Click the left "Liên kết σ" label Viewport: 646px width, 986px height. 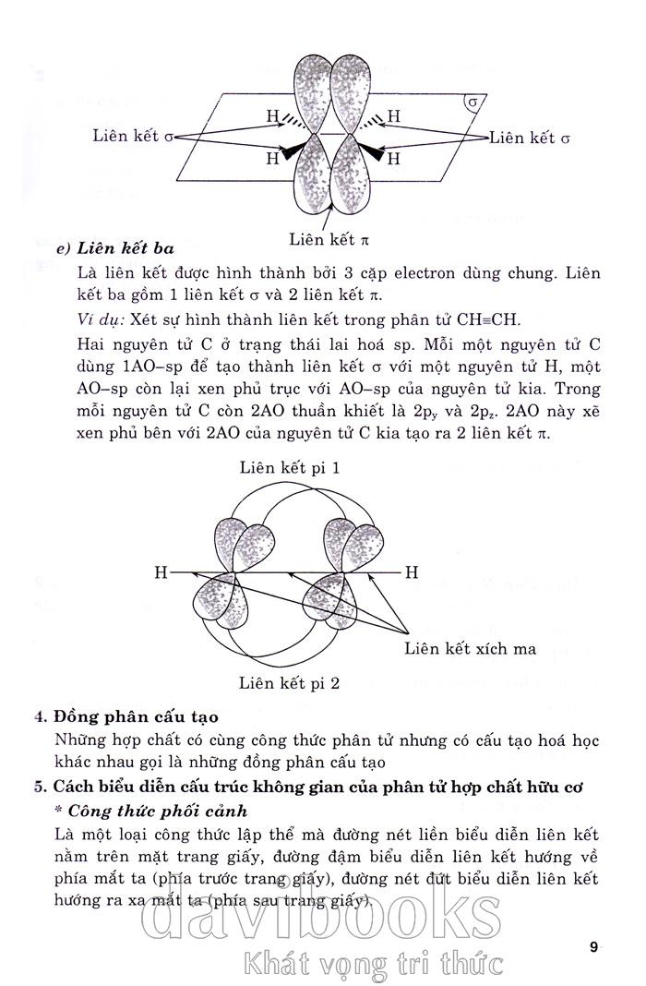point(133,137)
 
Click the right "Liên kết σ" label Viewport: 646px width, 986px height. point(531,138)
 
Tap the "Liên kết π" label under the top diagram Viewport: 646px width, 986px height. point(329,239)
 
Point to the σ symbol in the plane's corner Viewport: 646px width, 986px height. point(473,101)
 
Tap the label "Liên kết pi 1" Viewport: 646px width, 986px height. point(290,468)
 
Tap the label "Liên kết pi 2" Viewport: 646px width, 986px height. point(290,684)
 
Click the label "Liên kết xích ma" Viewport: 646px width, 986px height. point(471,648)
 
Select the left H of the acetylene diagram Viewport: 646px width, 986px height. point(161,573)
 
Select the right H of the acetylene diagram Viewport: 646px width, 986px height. point(412,573)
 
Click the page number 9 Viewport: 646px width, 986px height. point(593,946)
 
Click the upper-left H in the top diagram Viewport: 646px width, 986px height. point(272,116)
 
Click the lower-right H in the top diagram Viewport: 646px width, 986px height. point(393,158)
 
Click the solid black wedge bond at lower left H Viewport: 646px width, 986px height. point(293,151)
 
